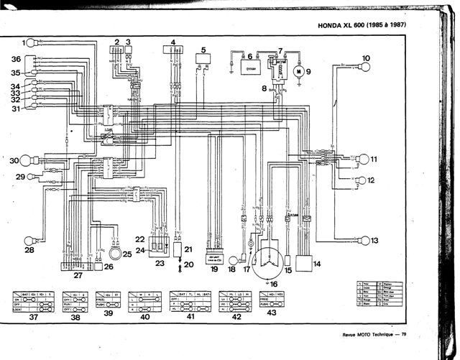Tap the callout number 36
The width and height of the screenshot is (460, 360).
[x=16, y=59]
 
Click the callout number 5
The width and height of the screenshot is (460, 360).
[x=204, y=49]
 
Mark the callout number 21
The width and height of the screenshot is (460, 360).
[x=189, y=249]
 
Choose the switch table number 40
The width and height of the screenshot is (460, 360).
[x=146, y=316]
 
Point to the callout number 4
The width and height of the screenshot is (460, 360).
[x=172, y=42]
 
